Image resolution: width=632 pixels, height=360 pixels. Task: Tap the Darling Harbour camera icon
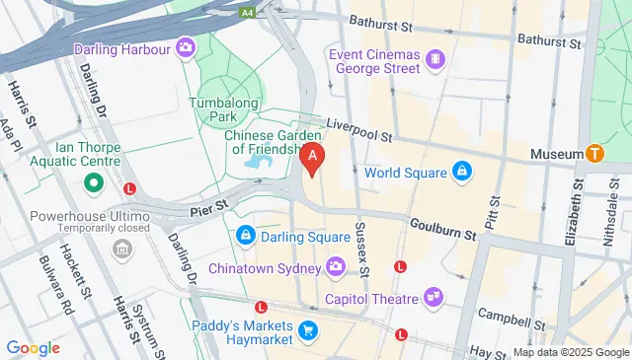[186, 47]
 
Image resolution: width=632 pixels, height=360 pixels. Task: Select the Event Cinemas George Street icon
[435, 62]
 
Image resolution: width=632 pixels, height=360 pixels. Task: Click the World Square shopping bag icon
[460, 173]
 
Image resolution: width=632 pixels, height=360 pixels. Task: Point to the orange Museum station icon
[594, 154]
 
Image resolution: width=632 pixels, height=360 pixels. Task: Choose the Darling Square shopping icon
[245, 237]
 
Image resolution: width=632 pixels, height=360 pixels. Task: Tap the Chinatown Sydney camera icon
[336, 267]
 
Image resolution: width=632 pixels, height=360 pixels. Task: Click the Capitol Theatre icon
[432, 296]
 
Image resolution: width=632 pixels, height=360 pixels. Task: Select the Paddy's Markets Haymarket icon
[308, 329]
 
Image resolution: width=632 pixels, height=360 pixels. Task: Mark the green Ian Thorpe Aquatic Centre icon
[95, 183]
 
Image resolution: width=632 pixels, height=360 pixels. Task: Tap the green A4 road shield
[251, 11]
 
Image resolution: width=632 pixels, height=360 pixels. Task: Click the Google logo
[33, 347]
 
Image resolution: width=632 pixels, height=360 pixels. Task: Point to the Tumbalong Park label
[224, 110]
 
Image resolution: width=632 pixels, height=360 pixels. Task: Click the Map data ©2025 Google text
[569, 352]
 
